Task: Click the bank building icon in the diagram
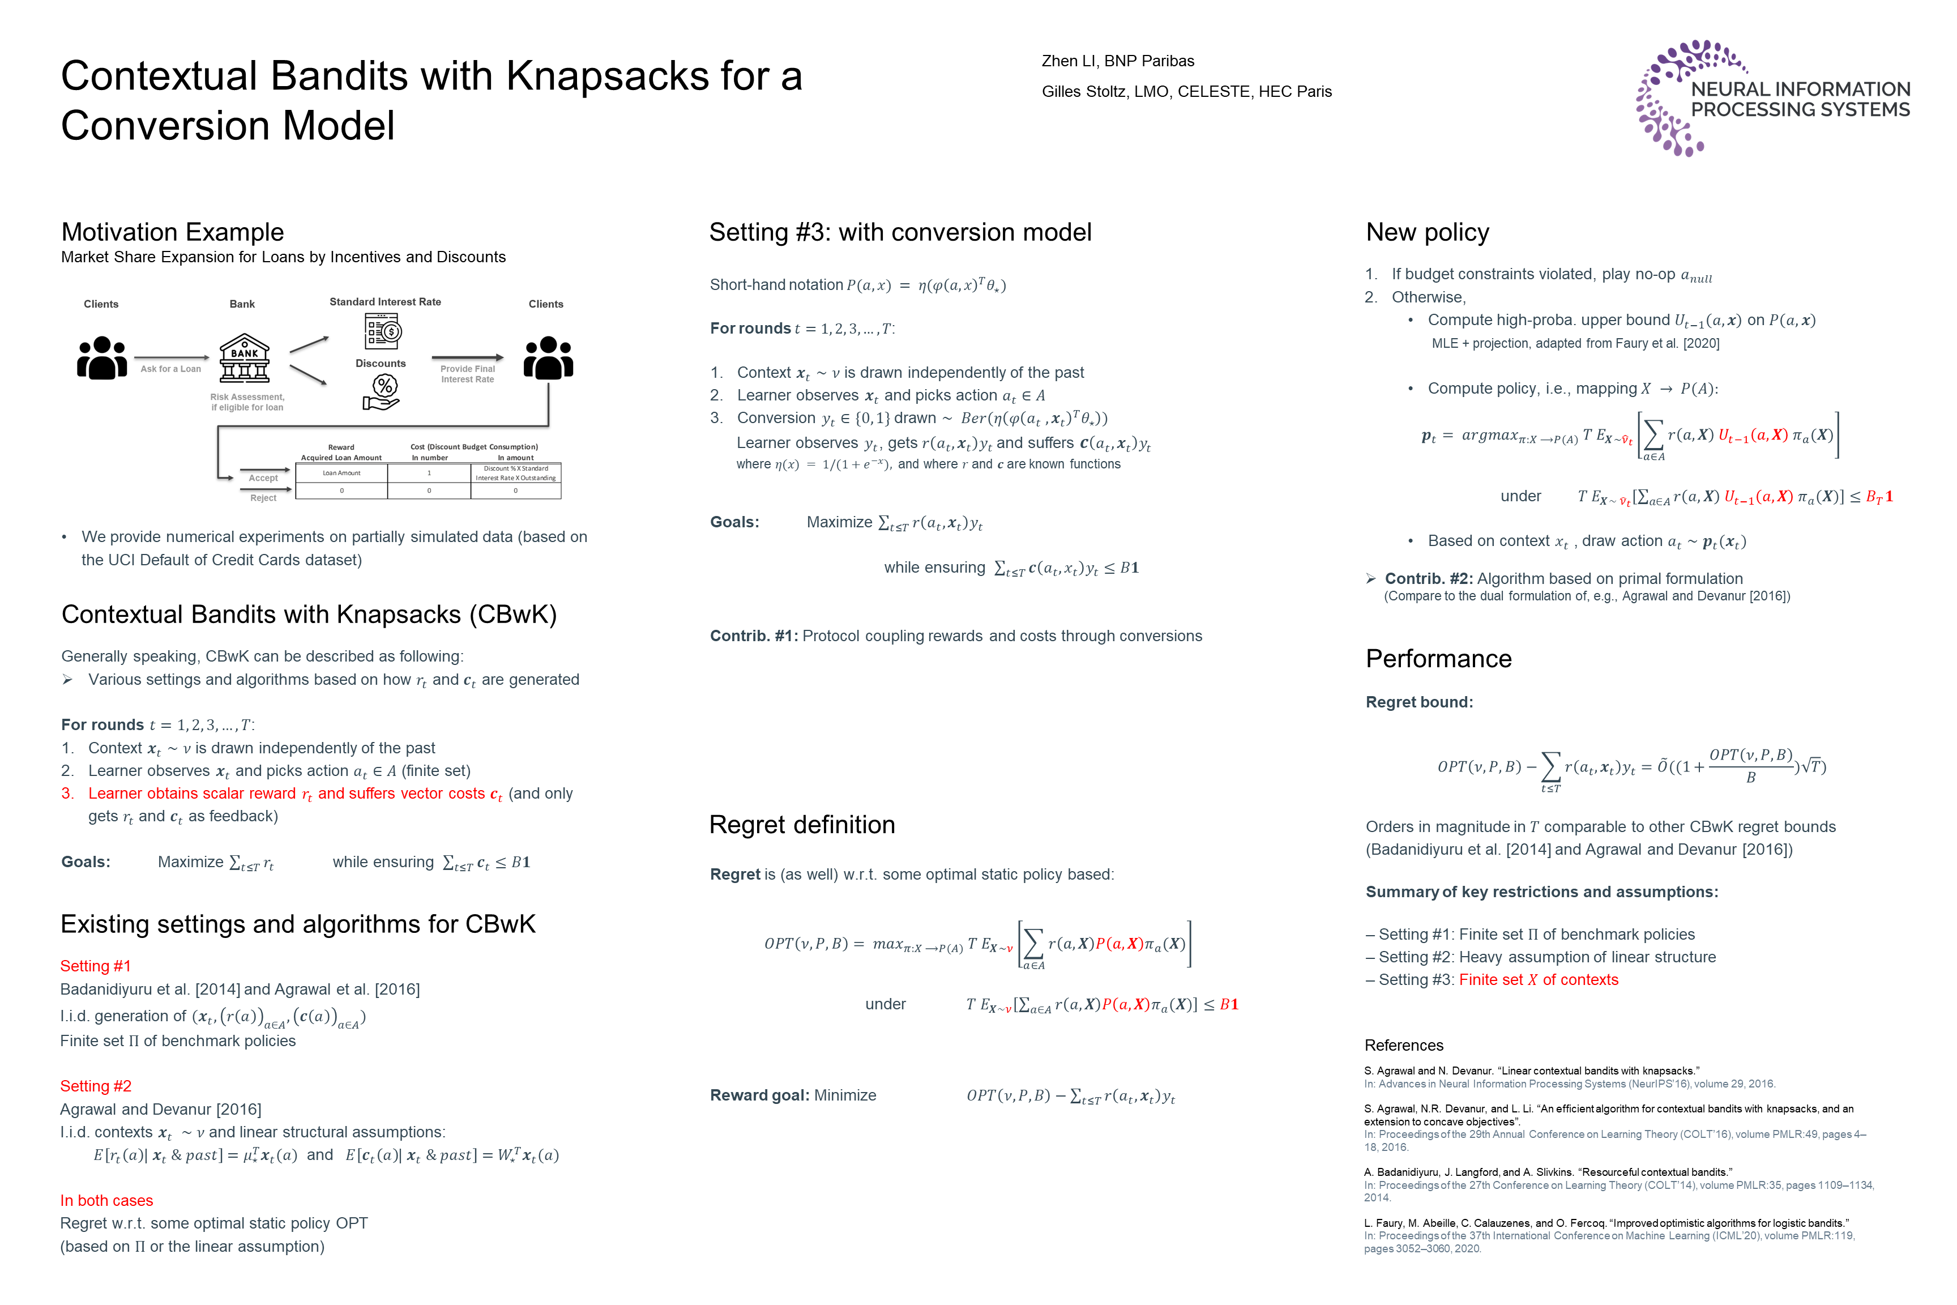(244, 359)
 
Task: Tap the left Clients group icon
(101, 358)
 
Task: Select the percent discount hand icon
(383, 392)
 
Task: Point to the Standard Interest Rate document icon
(383, 331)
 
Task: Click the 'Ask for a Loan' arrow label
(170, 369)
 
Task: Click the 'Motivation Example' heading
(172, 232)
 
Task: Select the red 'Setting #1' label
(96, 965)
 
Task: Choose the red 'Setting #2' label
(96, 1086)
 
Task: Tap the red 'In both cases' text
(106, 1200)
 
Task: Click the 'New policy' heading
(1427, 232)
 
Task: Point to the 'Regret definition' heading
(801, 825)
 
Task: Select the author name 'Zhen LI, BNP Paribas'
(1117, 61)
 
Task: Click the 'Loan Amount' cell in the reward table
(341, 473)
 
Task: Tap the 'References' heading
(1404, 1046)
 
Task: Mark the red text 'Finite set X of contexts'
(1539, 979)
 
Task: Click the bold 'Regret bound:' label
(1418, 702)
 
